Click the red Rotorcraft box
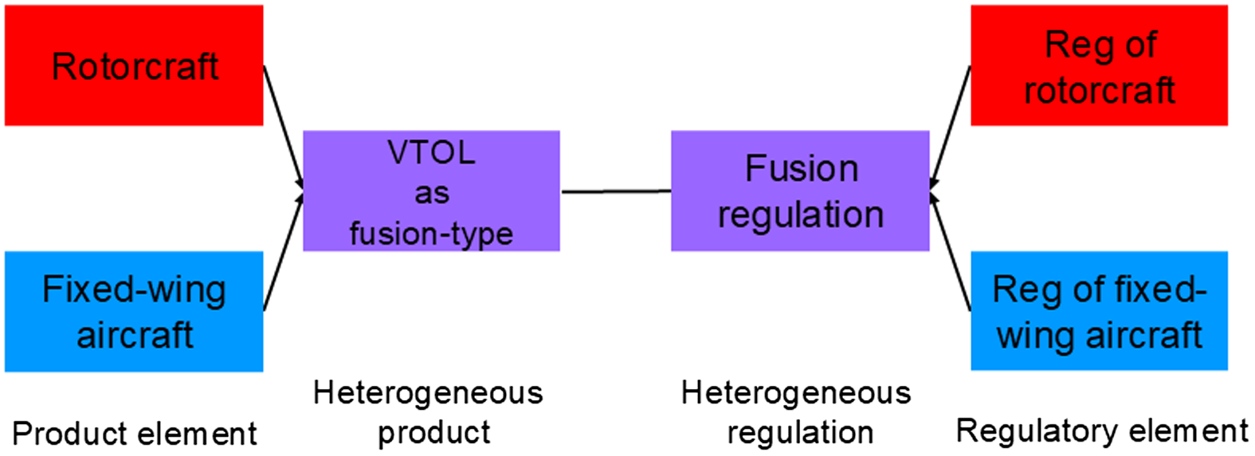tap(134, 65)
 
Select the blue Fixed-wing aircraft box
tap(134, 312)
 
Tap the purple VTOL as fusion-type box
tap(431, 191)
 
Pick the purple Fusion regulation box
tap(800, 191)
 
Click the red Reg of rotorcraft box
tap(1099, 65)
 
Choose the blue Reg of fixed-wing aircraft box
tap(1099, 311)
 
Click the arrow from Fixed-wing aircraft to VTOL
tap(283, 251)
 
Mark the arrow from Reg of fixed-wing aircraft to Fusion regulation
tap(951, 251)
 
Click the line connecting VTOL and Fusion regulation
tap(615, 191)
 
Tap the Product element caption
tap(134, 434)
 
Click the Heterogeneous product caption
tap(429, 413)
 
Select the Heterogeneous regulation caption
tap(797, 413)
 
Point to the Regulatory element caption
tap(1101, 431)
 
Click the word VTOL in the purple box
tap(431, 152)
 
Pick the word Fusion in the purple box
tap(801, 169)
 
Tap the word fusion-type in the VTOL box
tap(431, 234)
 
